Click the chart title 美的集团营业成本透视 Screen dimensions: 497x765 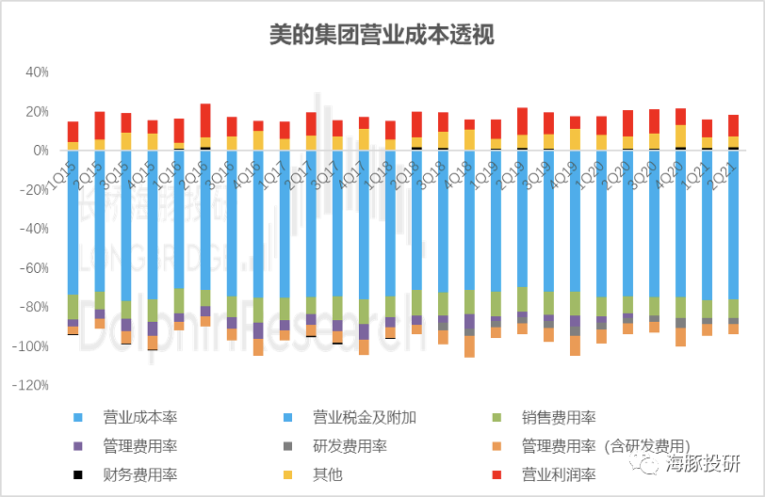tap(381, 34)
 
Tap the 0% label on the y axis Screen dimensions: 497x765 tap(40, 151)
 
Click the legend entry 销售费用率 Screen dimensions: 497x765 tap(558, 417)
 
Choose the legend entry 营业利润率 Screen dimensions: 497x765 tap(558, 475)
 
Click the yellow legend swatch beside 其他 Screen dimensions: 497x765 tap(289, 475)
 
